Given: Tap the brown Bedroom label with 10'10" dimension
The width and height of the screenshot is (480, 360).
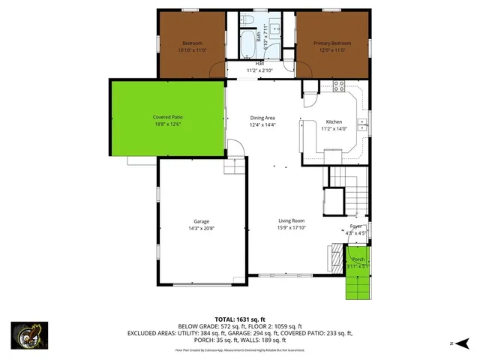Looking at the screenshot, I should (x=190, y=43).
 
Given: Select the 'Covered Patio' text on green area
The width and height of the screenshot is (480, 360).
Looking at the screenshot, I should (x=168, y=118).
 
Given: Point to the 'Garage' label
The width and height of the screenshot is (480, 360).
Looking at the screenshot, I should (x=201, y=221).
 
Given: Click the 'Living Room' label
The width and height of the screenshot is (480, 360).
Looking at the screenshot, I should (x=291, y=220).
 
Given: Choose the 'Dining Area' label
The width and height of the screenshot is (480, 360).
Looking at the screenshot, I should (x=262, y=118).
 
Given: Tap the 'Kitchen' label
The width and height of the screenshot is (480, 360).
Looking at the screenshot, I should (x=334, y=121).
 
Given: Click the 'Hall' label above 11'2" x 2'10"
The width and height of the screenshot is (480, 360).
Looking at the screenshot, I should (x=259, y=64).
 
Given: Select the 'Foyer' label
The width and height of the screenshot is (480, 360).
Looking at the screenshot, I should (x=355, y=226).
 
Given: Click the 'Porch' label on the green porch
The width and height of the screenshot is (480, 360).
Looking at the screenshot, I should (x=358, y=259).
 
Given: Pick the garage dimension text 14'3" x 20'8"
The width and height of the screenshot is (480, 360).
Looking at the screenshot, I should (x=201, y=228).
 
